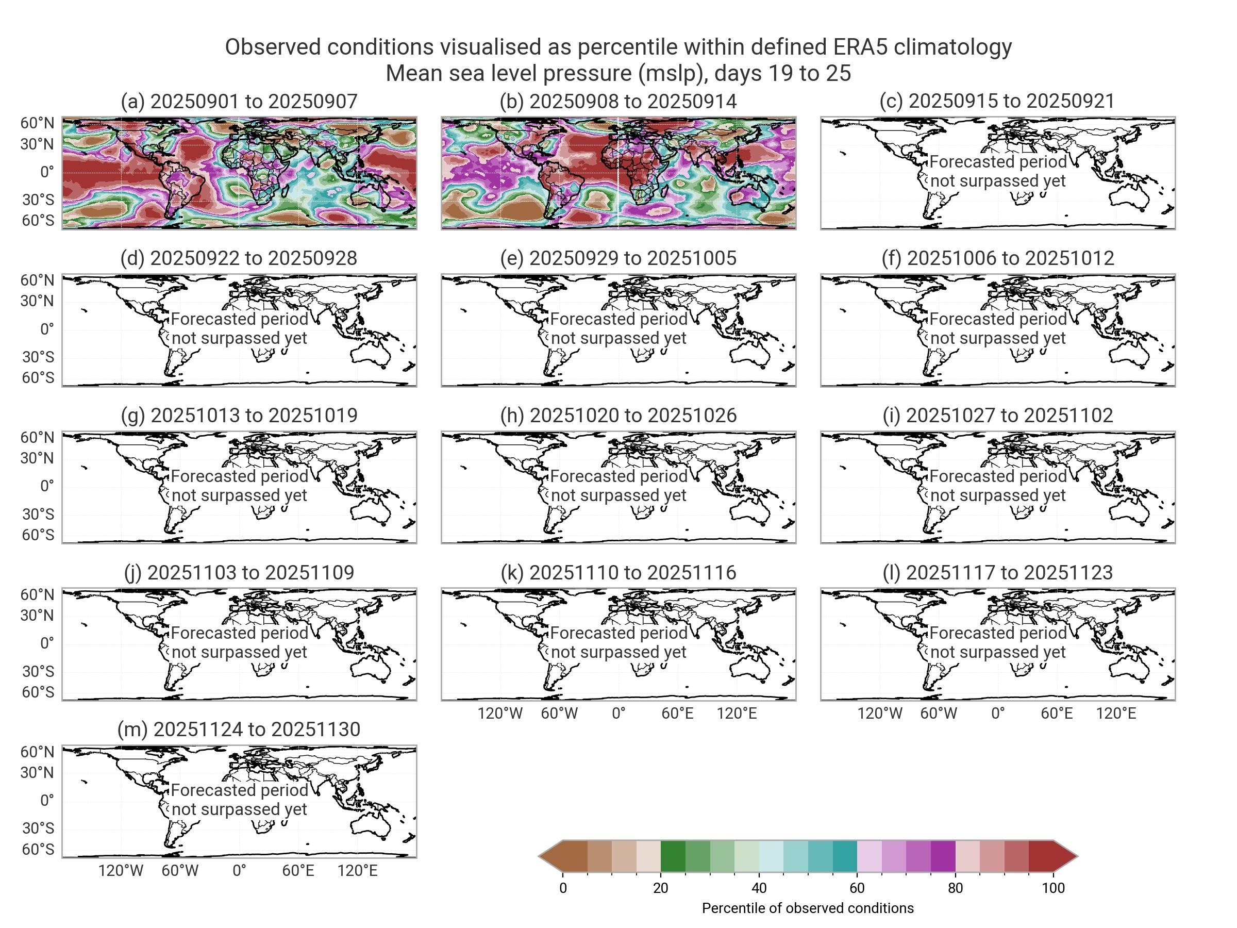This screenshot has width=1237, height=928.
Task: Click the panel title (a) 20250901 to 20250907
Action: tap(239, 101)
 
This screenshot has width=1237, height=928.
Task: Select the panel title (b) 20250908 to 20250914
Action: tap(618, 101)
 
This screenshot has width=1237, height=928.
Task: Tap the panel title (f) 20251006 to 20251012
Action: tap(998, 258)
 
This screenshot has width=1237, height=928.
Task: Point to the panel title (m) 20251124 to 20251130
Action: tap(239, 730)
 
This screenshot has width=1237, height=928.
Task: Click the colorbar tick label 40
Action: tap(759, 888)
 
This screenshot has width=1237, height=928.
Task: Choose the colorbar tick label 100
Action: tap(1053, 888)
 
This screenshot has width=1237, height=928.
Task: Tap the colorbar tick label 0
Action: tap(563, 888)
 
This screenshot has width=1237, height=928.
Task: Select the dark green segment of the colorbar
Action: tap(673, 856)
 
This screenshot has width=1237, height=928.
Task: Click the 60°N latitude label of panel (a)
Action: tap(38, 123)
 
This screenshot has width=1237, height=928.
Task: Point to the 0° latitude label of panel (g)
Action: tap(47, 486)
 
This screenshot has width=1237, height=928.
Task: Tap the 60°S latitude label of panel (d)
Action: tap(38, 377)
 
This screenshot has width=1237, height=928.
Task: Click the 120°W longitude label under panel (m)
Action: tap(121, 871)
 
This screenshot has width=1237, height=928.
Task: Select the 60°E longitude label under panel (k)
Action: tap(677, 714)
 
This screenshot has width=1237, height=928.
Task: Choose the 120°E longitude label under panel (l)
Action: tap(1116, 714)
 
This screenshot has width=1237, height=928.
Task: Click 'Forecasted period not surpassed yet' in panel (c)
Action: tap(998, 171)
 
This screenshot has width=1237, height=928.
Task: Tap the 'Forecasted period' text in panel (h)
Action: tap(618, 476)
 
